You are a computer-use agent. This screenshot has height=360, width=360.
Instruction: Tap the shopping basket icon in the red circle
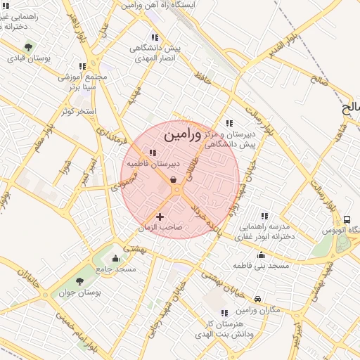coord(173,180)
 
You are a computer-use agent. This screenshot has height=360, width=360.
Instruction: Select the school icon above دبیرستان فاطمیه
coord(153,153)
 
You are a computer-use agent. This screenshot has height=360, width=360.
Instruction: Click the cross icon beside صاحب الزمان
coord(160,217)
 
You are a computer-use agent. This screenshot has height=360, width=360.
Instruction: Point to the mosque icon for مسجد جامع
coord(115,258)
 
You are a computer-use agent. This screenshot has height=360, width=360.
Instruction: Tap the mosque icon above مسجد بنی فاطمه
coord(261,255)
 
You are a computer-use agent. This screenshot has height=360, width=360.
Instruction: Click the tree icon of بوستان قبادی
coord(28,47)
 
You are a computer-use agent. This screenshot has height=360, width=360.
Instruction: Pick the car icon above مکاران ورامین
coord(258,299)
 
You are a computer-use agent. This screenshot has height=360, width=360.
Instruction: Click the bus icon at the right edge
coord(347,219)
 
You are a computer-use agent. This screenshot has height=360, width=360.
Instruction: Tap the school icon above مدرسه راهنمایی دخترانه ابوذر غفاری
coord(265,216)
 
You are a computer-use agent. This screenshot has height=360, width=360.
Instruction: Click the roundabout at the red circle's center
coord(176,190)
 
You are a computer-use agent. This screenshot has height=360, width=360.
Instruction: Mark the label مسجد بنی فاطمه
coord(262,266)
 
